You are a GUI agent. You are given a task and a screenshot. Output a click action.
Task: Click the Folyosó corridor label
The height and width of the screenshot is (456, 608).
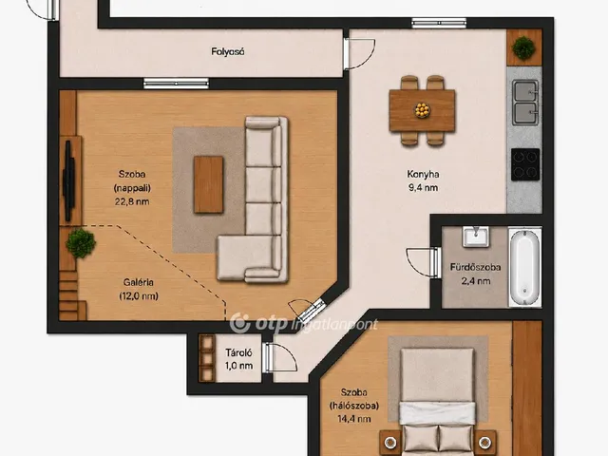click(228, 51)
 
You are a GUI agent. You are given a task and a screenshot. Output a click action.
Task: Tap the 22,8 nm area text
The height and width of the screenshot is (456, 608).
click(132, 201)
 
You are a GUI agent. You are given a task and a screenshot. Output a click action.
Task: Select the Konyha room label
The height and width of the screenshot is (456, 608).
click(423, 175)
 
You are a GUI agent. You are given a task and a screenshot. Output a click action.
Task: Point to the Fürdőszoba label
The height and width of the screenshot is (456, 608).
click(475, 267)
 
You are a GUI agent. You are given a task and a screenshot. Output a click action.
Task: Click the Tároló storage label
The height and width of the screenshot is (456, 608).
click(238, 352)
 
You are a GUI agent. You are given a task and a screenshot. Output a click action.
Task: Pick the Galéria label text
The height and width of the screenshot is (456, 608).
click(139, 282)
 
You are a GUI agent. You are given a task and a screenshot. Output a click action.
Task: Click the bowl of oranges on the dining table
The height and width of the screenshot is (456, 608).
click(422, 110)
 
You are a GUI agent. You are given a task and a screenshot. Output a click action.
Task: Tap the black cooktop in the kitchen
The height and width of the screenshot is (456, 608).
click(525, 164)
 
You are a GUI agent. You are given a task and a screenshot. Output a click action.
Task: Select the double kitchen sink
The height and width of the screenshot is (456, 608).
click(525, 103)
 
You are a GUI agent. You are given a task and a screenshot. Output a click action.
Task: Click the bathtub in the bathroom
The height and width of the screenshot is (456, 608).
click(525, 267)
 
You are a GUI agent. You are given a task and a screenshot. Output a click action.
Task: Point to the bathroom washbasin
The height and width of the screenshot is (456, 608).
click(475, 237)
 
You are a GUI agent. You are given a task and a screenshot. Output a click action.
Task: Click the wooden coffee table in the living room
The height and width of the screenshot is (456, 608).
click(209, 184)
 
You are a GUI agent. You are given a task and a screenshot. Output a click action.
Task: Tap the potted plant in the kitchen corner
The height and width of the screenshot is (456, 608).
click(523, 47)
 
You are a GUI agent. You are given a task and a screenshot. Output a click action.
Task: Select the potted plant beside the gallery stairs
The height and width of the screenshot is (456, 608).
click(81, 243)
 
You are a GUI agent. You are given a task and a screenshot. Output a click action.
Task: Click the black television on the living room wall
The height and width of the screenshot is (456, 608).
click(68, 181)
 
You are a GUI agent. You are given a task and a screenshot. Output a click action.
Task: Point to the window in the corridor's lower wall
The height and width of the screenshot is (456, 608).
click(176, 84)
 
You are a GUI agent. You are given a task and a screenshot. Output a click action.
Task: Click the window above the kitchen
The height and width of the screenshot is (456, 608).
click(439, 23)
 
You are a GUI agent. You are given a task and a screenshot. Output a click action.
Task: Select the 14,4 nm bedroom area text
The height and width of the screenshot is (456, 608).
click(353, 419)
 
